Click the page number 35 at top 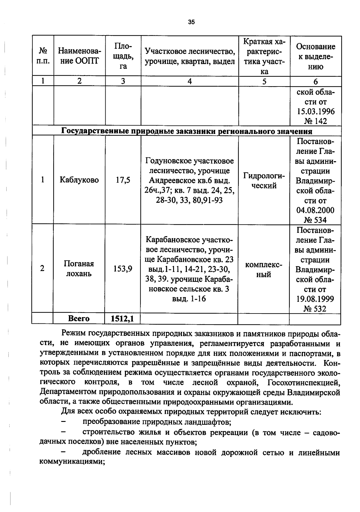coord(191,22)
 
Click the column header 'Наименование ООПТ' coord(79,56)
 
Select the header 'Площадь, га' coord(123,56)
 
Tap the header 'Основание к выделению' coord(315,56)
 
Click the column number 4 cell coord(190,81)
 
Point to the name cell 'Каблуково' coord(79,180)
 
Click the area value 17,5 coord(123,180)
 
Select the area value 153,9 coord(123,268)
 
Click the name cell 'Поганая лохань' coord(79,268)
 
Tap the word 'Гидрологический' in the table coord(264,180)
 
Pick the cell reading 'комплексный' coord(264,269)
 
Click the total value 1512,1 coord(122,319)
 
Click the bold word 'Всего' coord(79,319)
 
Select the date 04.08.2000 coord(315,210)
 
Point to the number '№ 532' coord(315,308)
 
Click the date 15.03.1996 coord(316,111)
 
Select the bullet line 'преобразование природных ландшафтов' coord(157,422)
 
